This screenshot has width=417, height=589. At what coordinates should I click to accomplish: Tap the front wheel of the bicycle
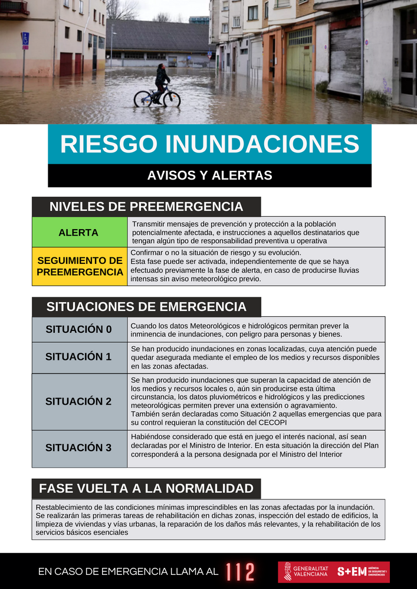click(x=171, y=99)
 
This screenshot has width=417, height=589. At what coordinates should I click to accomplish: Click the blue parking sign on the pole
click(x=25, y=40)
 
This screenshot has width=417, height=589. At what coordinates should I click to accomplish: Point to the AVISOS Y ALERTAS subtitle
click(x=209, y=176)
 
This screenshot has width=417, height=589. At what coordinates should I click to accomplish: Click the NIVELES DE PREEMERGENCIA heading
click(x=146, y=207)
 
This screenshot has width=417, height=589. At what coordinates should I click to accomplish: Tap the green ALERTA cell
click(x=78, y=233)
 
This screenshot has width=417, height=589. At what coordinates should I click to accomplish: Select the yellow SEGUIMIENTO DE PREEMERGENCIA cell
click(x=80, y=266)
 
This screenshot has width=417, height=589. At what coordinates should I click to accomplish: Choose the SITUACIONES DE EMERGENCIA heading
click(x=146, y=307)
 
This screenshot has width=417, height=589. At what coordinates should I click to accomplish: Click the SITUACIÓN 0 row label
click(x=78, y=329)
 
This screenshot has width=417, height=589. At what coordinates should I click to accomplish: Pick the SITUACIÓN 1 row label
click(x=78, y=357)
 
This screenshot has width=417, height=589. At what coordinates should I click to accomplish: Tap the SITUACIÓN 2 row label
click(x=78, y=402)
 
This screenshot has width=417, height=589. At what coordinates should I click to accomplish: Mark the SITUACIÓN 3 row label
click(x=78, y=448)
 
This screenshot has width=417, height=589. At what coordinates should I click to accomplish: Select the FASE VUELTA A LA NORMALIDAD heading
click(x=146, y=488)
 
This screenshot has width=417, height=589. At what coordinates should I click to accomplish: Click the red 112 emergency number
click(x=240, y=571)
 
